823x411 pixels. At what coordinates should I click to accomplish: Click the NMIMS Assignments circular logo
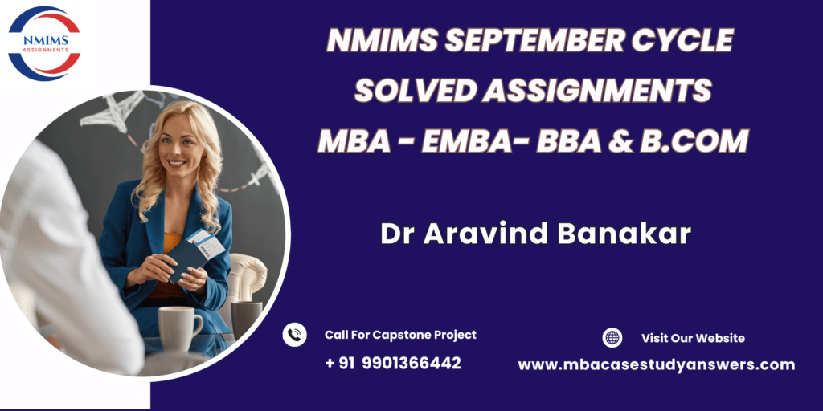(45, 43)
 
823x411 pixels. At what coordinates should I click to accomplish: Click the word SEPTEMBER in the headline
(534, 40)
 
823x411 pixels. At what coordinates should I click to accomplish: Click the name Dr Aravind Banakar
(535, 234)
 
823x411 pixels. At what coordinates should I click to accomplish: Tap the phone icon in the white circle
(294, 335)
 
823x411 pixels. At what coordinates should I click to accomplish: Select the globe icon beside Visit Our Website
(612, 338)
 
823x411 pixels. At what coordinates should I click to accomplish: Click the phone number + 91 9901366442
(392, 363)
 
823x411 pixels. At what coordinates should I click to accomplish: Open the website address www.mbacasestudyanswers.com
(656, 365)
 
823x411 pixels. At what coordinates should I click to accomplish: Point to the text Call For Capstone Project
(400, 335)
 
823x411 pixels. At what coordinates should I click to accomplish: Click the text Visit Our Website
(693, 338)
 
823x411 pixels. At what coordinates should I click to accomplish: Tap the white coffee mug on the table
(179, 328)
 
